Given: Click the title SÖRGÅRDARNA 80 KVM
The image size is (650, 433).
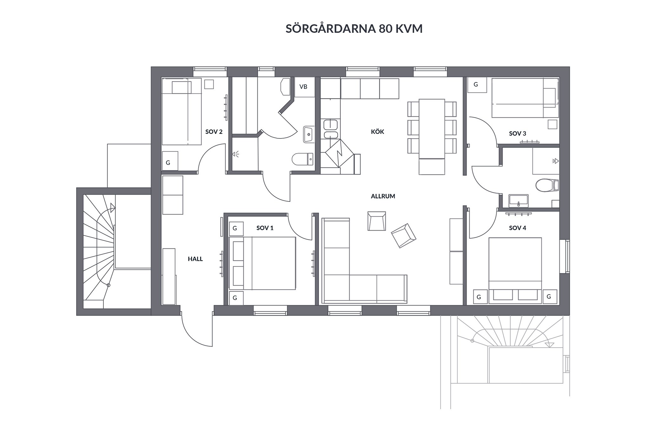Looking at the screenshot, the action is [354, 29].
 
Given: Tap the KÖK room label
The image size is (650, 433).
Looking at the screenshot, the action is [377, 132].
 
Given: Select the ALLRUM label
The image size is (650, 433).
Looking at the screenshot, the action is [383, 196].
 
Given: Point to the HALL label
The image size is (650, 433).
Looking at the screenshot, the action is [195, 259].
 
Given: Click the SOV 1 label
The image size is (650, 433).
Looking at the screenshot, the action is [265, 228].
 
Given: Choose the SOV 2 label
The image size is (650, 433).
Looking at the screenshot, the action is [214, 132].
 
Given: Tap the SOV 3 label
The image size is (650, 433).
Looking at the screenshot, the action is [517, 134].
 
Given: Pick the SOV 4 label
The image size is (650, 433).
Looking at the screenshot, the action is [517, 228].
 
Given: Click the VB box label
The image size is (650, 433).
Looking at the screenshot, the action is [303, 87].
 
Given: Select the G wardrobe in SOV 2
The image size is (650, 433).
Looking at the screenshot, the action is [170, 161].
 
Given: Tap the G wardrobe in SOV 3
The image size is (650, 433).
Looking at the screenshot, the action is [477, 85].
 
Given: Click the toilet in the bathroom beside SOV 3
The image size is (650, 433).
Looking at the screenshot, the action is [547, 185].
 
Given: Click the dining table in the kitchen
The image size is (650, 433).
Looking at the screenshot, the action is [432, 129].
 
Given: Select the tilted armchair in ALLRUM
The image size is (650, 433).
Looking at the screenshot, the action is [403, 235].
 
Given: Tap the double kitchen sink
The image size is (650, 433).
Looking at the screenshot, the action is [331, 129].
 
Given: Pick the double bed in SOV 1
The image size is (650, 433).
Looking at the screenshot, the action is [262, 263].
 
